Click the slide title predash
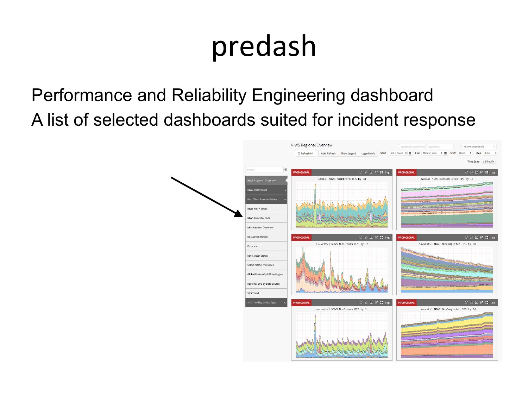click(x=264, y=46)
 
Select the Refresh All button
click(x=305, y=153)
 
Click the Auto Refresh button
click(x=328, y=153)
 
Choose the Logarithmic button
click(x=368, y=153)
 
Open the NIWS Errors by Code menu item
click(x=259, y=218)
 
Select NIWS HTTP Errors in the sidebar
click(x=257, y=209)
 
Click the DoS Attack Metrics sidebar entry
click(x=258, y=237)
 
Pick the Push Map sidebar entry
click(x=253, y=246)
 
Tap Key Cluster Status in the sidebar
click(x=257, y=256)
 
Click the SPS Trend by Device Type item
click(x=262, y=303)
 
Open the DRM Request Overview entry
click(x=260, y=227)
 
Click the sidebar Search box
click(x=264, y=170)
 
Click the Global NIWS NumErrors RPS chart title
click(x=342, y=179)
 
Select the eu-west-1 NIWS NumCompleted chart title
click(x=447, y=244)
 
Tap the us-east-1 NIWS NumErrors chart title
click(x=342, y=309)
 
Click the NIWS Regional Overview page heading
click(x=312, y=145)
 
